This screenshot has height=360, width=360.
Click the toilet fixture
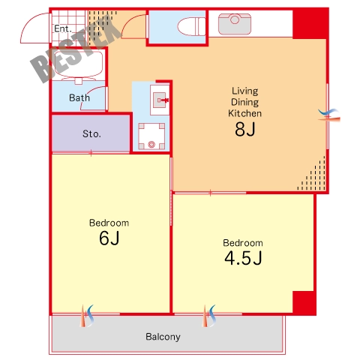pyautogui.click(x=191, y=26)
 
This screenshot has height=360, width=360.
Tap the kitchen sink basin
pyautogui.click(x=235, y=24)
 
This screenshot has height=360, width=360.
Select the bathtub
pyautogui.click(x=78, y=64)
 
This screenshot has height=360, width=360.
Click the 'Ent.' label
pyautogui.click(x=63, y=28)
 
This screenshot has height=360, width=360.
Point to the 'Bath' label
pyautogui.click(x=79, y=97)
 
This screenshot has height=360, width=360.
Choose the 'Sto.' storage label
pyautogui.click(x=91, y=134)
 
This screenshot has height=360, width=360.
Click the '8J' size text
pyautogui.click(x=245, y=129)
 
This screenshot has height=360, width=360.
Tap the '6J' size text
pyautogui.click(x=109, y=238)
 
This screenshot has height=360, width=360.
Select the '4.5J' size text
pyautogui.click(x=243, y=258)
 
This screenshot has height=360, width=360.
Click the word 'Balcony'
pyautogui.click(x=163, y=337)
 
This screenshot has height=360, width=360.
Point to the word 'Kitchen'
pyautogui.click(x=245, y=113)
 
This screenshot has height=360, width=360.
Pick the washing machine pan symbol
pyautogui.click(x=151, y=136)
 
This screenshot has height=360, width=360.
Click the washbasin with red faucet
pyautogui.click(x=160, y=100)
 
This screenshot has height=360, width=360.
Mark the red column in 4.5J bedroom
pyautogui.click(x=304, y=303)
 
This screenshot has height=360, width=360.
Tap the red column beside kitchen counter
pyautogui.click(x=310, y=23)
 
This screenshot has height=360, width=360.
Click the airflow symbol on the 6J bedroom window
pyautogui.click(x=86, y=316)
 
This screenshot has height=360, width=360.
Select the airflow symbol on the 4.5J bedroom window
pyautogui.click(x=208, y=316)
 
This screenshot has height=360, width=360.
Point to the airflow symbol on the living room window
pyautogui.click(x=329, y=115)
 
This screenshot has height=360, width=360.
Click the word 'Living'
pyautogui.click(x=245, y=91)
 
